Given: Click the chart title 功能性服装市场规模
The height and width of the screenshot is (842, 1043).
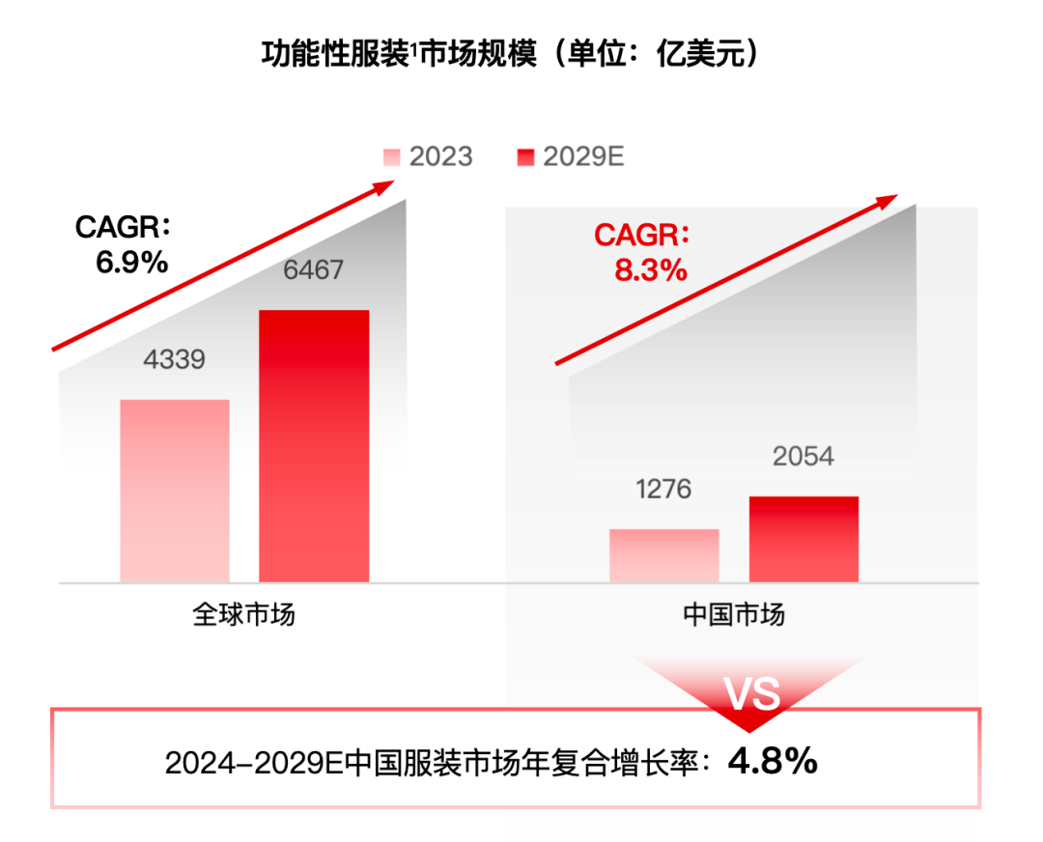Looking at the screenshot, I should coord(397,53).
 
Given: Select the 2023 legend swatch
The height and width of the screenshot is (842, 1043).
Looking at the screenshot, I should coord(391,157).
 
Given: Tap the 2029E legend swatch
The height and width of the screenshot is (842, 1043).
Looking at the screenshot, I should coord(525,157).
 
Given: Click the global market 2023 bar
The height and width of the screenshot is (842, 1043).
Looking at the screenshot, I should coord(175,491).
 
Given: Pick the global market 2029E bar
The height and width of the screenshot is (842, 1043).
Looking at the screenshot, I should coord(314,446).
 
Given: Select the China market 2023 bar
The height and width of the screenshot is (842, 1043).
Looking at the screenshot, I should coord(664,555).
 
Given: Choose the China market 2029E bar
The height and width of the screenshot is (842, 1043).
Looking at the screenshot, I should coord(803,539).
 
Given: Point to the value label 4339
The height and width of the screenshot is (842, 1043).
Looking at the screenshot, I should coord(175,360).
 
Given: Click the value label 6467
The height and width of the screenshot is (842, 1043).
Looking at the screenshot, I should coord(313,269).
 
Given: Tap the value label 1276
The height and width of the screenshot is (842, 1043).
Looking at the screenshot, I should coord(663,490).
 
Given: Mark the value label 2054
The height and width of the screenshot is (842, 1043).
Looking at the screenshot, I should coord(803,456).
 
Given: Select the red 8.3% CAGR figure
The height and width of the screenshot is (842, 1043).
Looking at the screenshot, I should coord(650,269).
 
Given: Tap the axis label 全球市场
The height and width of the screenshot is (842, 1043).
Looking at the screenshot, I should coord(243,615).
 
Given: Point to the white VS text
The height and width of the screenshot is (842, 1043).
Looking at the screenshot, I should coord(752,694).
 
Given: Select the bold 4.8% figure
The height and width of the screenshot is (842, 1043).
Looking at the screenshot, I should coord(773,762).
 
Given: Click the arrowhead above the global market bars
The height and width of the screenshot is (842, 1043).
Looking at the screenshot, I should coord(395,186).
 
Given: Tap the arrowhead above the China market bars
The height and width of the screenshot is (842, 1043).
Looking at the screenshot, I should coord(887,202).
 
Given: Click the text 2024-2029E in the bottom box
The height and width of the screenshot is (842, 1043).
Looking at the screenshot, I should coord(254,764).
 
